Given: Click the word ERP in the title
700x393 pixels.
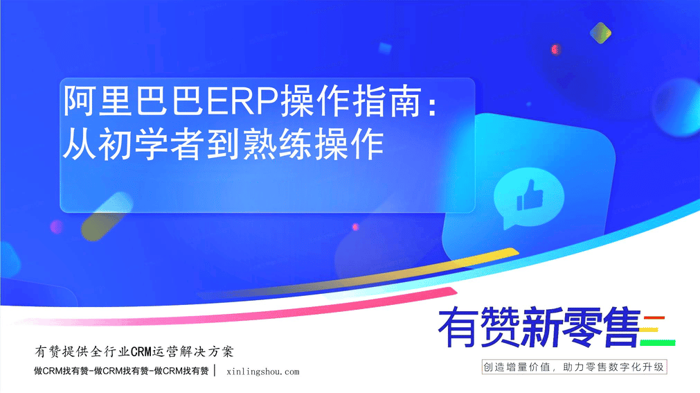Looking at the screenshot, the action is pyautogui.click(x=243, y=101).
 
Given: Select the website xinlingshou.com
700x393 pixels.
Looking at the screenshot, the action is pyautogui.click(x=263, y=372).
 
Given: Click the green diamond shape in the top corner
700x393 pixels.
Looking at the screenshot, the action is pyautogui.click(x=600, y=33).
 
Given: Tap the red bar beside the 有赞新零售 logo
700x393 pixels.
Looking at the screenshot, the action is pyautogui.click(x=654, y=318).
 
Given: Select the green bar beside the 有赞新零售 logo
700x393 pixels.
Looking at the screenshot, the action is pyautogui.click(x=658, y=343).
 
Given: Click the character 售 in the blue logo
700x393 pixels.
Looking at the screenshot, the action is pyautogui.click(x=621, y=327).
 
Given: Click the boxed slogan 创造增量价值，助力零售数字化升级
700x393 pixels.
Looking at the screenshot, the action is pyautogui.click(x=574, y=367).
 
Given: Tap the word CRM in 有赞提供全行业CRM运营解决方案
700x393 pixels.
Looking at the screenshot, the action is pyautogui.click(x=141, y=352).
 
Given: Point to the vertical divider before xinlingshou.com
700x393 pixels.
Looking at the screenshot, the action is pyautogui.click(x=215, y=371).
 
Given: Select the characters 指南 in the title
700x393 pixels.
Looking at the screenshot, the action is pyautogui.click(x=388, y=101).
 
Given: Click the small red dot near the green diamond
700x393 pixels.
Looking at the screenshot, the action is pyautogui.click(x=555, y=49).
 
